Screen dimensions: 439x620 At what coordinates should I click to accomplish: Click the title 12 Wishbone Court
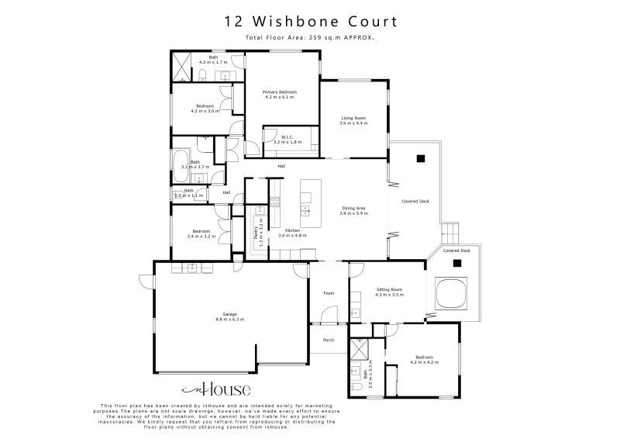(x=309, y=21)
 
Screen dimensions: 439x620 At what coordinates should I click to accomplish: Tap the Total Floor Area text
(x=309, y=37)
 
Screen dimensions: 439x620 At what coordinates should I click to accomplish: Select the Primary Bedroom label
(x=279, y=95)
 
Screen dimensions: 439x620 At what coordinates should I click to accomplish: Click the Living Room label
(x=353, y=120)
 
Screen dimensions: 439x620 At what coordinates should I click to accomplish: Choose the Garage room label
(x=230, y=316)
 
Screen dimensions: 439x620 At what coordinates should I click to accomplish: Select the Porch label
(x=328, y=339)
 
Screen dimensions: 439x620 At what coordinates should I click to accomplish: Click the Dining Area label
(x=353, y=210)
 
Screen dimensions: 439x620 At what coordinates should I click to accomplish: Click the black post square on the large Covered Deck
(x=422, y=158)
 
